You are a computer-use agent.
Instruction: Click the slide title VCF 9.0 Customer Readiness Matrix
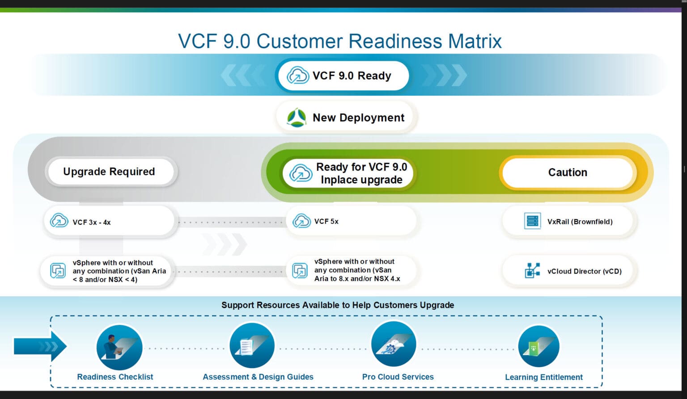pyautogui.click(x=339, y=41)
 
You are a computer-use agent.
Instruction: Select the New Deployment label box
pyautogui.click(x=347, y=118)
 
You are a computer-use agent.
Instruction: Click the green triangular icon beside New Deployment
pyautogui.click(x=297, y=118)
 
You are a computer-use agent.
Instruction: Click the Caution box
pyautogui.click(x=568, y=172)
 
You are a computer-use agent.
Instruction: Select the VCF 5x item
pyautogui.click(x=351, y=221)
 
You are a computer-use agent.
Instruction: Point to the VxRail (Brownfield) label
pyautogui.click(x=580, y=222)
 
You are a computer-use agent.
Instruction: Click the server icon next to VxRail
pyautogui.click(x=532, y=221)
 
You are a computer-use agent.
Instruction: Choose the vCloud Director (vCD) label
pyautogui.click(x=584, y=271)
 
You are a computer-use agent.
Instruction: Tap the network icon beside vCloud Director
pyautogui.click(x=532, y=271)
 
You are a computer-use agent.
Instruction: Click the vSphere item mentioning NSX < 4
pyautogui.click(x=107, y=271)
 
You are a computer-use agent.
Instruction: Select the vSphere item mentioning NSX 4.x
pyautogui.click(x=351, y=270)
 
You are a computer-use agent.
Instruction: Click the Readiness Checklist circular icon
pyautogui.click(x=119, y=347)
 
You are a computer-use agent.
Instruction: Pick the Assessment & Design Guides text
pyautogui.click(x=258, y=377)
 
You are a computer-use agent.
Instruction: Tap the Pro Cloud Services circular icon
pyautogui.click(x=394, y=344)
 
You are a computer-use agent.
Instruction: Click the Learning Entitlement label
pyautogui.click(x=543, y=377)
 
